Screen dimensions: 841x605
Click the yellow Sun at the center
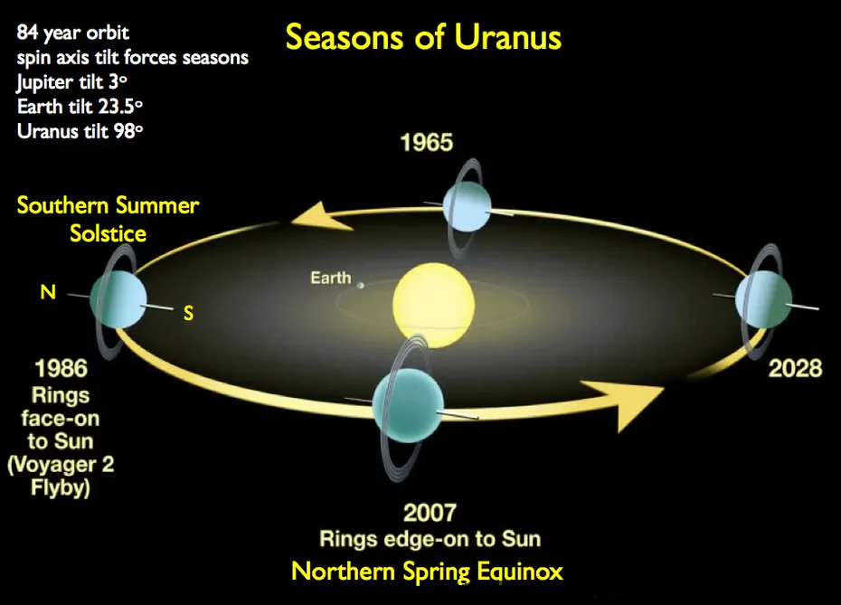433,305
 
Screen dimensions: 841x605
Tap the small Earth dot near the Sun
361,286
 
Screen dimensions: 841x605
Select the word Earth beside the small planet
331,278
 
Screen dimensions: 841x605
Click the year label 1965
427,143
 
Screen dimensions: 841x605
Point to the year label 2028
795,368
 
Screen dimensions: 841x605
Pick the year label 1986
61,368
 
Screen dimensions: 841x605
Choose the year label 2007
430,513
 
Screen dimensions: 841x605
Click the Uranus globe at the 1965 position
468,206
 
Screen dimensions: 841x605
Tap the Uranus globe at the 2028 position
763,299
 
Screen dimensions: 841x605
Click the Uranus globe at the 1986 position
118,298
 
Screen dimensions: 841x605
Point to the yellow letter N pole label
48,292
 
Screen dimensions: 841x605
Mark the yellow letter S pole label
188,313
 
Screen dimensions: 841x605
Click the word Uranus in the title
507,38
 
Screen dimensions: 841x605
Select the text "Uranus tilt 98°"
80,131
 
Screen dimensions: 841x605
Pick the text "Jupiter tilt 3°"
71,82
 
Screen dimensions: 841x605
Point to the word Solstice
108,233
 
